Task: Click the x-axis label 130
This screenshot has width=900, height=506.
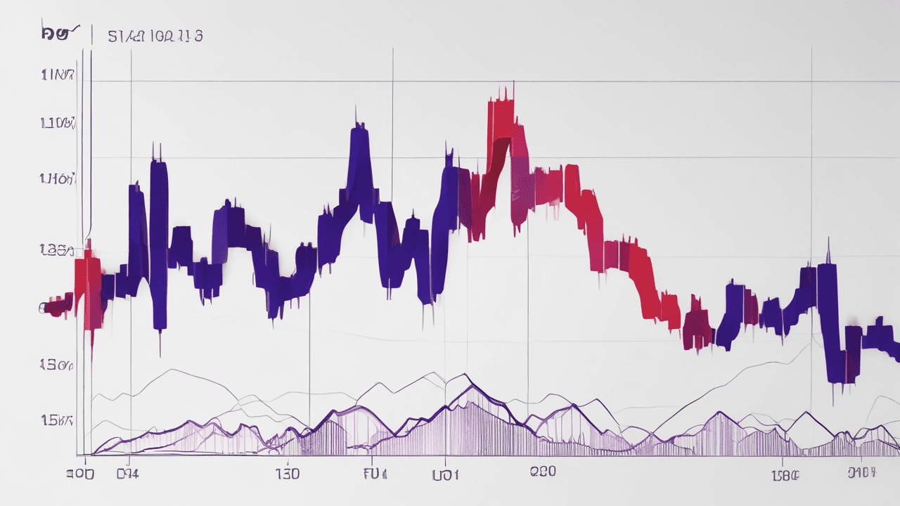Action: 288,474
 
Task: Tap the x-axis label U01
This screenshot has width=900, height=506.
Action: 445,474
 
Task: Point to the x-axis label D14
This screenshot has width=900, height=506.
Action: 127,474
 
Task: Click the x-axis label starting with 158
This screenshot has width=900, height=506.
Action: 785,474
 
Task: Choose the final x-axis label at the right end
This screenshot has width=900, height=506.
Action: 861,473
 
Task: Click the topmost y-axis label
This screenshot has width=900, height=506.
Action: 58,75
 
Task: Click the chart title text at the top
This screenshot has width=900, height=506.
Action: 155,36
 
